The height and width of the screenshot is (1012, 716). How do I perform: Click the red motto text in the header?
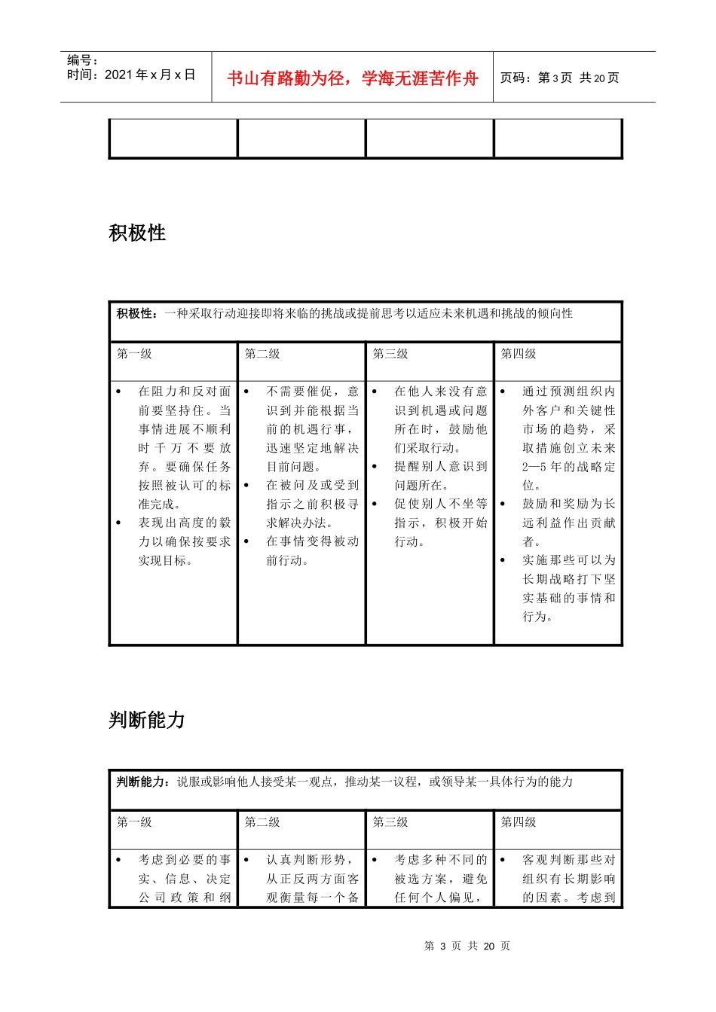click(353, 78)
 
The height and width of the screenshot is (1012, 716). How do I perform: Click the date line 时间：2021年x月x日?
click(130, 75)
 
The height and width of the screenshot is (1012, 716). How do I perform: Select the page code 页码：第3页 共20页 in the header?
click(559, 78)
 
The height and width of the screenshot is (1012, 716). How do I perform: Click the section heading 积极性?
click(137, 233)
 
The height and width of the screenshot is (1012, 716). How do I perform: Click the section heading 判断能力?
click(147, 721)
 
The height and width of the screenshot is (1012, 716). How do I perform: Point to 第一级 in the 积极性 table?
click(134, 354)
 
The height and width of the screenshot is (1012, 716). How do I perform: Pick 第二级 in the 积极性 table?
click(262, 354)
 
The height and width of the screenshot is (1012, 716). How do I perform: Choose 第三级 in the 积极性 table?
click(390, 354)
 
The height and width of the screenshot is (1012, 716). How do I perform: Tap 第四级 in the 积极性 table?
click(519, 354)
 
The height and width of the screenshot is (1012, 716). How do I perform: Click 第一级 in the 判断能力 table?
click(134, 822)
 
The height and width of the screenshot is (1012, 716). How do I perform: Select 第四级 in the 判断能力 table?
click(519, 822)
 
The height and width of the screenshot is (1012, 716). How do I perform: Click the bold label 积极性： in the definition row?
click(138, 313)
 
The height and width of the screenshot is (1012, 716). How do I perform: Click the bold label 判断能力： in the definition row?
click(144, 782)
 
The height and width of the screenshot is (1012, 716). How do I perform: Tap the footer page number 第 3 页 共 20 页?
click(467, 946)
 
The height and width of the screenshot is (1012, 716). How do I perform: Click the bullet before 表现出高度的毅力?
click(118, 523)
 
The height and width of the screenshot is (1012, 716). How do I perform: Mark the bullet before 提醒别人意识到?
click(375, 467)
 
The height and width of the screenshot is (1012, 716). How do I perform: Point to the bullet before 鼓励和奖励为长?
click(503, 504)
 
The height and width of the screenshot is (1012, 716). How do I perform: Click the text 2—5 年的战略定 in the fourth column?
click(568, 467)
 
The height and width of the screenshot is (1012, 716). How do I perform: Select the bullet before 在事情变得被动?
click(246, 541)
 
